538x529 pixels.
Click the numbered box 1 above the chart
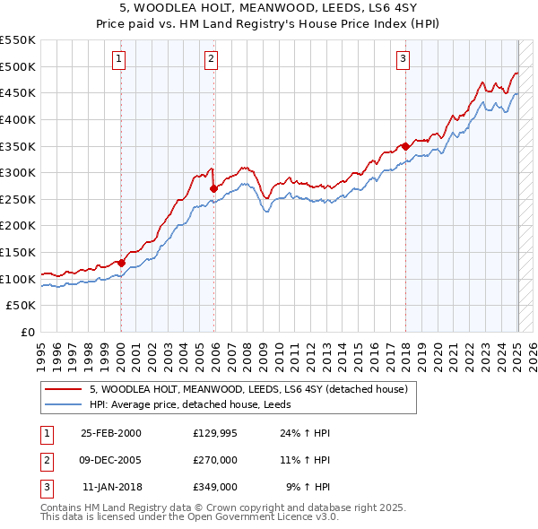tap(120, 60)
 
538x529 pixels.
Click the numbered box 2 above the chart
tap(211, 60)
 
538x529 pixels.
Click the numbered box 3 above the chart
tap(403, 60)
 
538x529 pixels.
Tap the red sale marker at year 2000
tap(121, 263)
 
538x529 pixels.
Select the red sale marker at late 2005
tap(213, 189)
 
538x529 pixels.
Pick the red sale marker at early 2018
tap(405, 146)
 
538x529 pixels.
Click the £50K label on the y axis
tap(22, 306)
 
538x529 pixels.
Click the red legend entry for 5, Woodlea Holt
tap(248, 389)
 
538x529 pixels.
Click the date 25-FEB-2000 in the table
tap(111, 433)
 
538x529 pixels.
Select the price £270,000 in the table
tap(215, 460)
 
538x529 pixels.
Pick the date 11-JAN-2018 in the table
tap(112, 487)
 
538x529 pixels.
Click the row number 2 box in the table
tap(45, 460)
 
